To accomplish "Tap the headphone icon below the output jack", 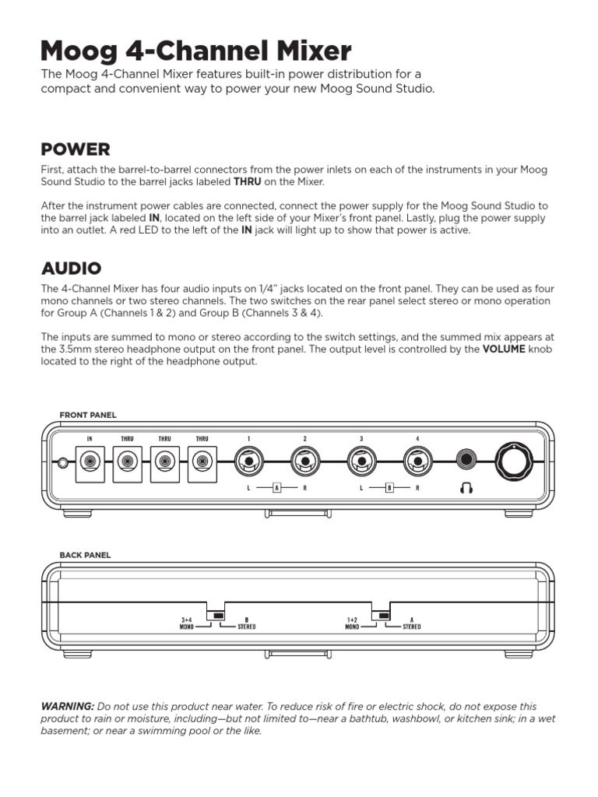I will point(466,488).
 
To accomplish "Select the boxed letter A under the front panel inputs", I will point(276,488).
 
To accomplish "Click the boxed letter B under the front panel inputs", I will point(389,488).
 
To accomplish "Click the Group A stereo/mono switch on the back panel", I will point(382,615).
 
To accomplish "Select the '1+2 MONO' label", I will point(352,623).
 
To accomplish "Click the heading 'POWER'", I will point(76,149).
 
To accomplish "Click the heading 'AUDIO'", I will point(71,269).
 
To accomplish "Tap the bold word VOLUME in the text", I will point(503,349).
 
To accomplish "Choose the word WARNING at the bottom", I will point(68,705).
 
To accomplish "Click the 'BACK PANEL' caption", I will point(85,555).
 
